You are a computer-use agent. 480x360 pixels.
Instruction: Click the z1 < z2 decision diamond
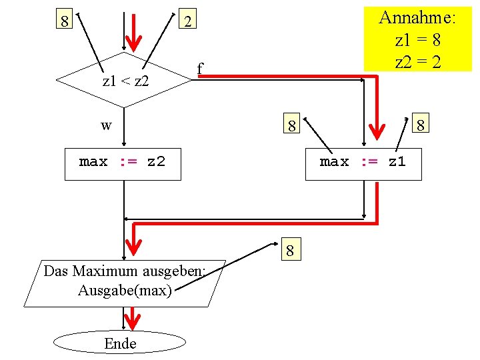124,80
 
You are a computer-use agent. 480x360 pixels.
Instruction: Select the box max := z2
123,162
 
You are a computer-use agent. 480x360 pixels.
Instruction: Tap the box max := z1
363,162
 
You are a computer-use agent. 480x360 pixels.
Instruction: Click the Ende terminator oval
120,343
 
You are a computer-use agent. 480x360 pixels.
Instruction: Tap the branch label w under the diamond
107,125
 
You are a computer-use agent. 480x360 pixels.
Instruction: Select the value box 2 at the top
189,22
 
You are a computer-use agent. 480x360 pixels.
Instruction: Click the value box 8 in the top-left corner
64,21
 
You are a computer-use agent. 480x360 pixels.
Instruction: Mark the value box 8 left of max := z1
291,125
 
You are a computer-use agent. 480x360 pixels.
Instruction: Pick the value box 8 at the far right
421,125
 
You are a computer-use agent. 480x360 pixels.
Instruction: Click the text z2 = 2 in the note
417,62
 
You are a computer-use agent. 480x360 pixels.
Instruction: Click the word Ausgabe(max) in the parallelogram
125,291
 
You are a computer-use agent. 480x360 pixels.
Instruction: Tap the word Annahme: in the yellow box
417,18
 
